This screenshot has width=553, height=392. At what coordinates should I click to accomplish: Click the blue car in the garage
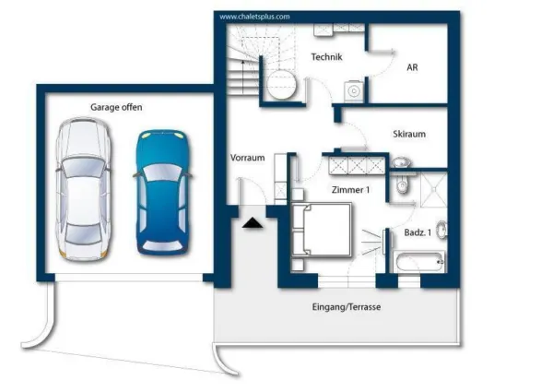[x=163, y=191]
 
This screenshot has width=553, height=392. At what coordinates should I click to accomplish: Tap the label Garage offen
[x=116, y=108]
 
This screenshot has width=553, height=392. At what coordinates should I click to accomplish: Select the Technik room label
[x=326, y=58]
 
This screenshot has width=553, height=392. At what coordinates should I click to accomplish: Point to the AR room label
[x=413, y=66]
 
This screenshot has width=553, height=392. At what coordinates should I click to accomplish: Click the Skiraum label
[x=408, y=134]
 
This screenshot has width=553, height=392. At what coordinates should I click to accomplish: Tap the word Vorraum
[x=248, y=158]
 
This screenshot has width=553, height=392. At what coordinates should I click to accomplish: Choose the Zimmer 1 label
[x=350, y=190]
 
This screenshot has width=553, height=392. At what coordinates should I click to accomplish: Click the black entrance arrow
[x=252, y=221]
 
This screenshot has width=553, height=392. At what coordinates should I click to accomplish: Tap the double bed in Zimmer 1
[x=322, y=230]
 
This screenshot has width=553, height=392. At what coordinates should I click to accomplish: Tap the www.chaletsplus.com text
[x=254, y=17]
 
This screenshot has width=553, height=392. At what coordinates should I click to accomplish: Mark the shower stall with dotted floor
[x=431, y=190]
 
